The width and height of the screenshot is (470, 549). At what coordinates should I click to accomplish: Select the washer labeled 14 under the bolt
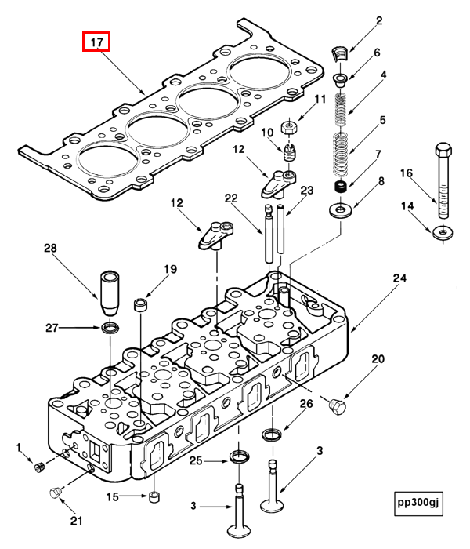click(443, 232)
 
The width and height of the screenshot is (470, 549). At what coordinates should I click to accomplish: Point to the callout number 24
click(399, 278)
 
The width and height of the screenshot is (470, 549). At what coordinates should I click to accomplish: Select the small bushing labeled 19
click(142, 303)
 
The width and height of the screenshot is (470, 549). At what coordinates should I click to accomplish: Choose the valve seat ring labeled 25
click(238, 457)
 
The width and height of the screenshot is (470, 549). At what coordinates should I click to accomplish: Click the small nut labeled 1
click(38, 468)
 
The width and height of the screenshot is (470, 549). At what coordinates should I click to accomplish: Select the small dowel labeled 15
click(154, 496)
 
